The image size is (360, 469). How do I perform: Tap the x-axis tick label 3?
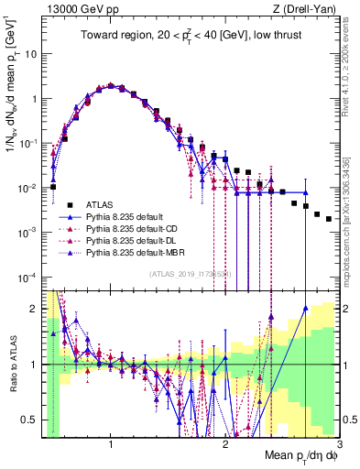pyautogui.click(x=338, y=444)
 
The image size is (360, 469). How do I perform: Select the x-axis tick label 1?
pyautogui.click(x=111, y=444)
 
